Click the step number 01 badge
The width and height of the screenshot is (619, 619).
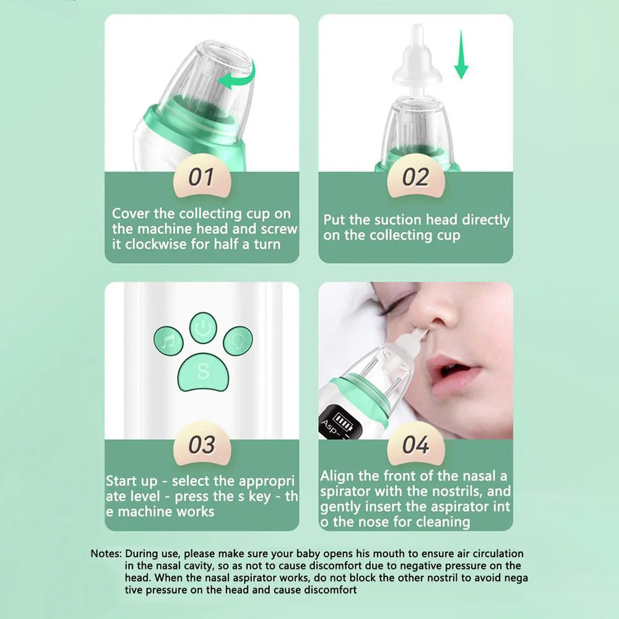click(x=202, y=178)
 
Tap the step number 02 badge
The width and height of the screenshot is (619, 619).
click(x=415, y=178)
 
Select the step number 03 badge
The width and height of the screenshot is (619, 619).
click(x=202, y=445)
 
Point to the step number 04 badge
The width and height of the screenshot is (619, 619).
click(x=415, y=445)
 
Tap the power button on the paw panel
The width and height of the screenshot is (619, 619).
click(x=203, y=326)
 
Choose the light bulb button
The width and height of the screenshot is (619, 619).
click(x=238, y=340)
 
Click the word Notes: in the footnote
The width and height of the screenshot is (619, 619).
click(x=106, y=553)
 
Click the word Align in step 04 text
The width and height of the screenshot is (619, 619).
click(x=338, y=476)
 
